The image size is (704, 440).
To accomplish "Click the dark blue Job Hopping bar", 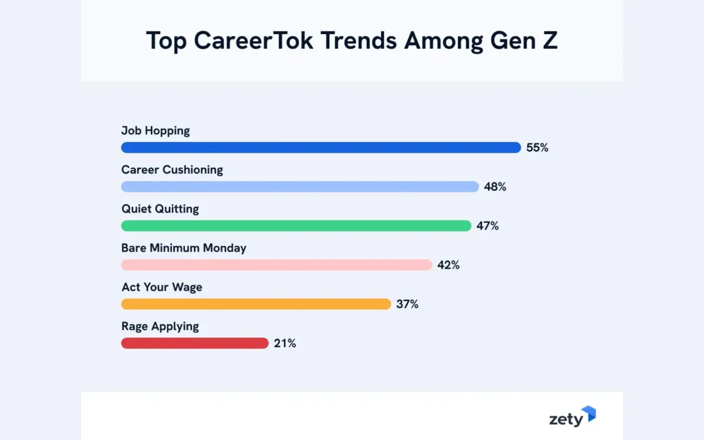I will (321, 148).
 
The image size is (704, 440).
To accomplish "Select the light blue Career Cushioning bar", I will (300, 187).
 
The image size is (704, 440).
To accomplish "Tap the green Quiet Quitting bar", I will (296, 226).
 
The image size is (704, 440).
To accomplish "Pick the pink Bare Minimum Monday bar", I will (276, 265).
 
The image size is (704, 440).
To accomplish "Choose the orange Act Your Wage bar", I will (256, 304).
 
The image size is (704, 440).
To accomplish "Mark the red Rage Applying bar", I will (195, 343).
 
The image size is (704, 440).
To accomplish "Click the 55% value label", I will (537, 148).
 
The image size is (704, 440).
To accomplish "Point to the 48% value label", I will (495, 187).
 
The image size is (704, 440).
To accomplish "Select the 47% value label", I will (488, 226).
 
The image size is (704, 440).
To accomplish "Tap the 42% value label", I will (448, 265).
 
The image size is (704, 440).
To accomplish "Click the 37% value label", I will (407, 304).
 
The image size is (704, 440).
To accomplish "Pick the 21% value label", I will (285, 344).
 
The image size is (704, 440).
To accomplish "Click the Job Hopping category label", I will (155, 131).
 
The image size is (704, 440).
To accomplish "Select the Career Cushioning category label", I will (172, 170).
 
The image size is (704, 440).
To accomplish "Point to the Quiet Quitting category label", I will (160, 209).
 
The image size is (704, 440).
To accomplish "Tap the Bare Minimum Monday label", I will (184, 248).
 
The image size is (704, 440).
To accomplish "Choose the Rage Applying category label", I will (160, 326).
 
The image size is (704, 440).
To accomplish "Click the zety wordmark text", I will (566, 419).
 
